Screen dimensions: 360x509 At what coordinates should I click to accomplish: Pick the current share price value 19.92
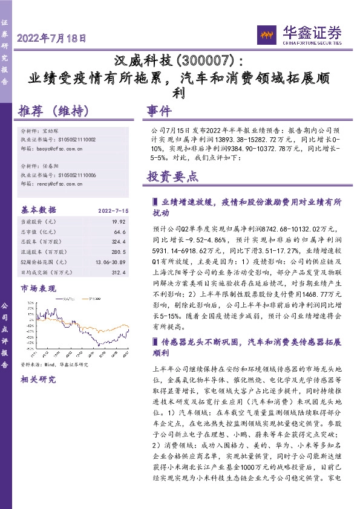pyautogui.click(x=118, y=222)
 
